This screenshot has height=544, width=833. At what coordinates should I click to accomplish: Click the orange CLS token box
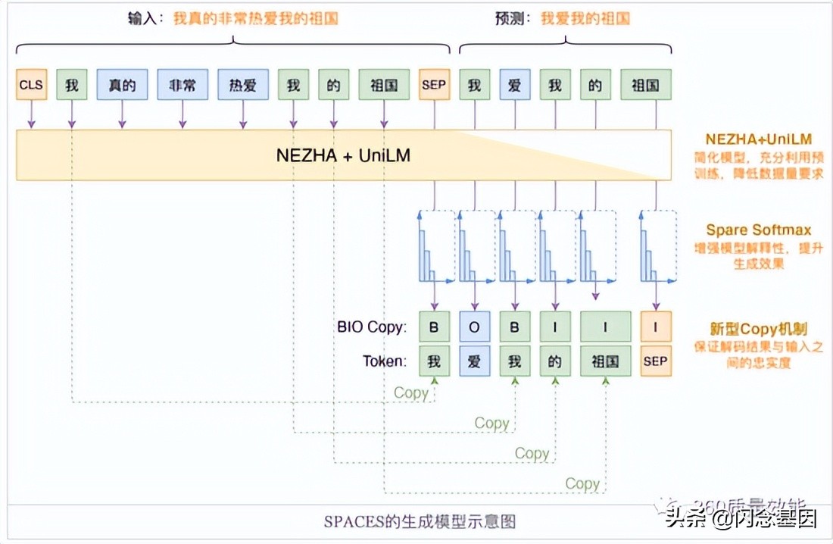point(31,86)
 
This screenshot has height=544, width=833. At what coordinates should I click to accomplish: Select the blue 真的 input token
point(122,86)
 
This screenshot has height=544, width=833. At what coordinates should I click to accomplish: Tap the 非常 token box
point(183,86)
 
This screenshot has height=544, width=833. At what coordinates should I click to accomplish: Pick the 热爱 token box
point(243,86)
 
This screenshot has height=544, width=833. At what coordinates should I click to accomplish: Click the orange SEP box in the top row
point(434,86)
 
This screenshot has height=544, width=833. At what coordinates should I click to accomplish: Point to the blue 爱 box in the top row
point(515,86)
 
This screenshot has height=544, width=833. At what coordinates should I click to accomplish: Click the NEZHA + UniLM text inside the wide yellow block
point(343,155)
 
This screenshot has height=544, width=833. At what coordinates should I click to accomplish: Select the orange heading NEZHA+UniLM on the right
point(759,139)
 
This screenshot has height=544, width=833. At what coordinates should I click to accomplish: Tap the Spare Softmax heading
point(759,230)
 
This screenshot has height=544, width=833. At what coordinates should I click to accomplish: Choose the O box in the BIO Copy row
point(475,327)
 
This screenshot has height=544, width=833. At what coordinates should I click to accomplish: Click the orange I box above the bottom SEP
point(655,327)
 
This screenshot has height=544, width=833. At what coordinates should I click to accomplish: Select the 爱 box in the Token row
point(475,361)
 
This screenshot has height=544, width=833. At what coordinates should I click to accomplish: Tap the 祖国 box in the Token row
point(605,361)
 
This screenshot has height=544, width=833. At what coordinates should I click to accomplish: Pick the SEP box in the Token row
point(655,361)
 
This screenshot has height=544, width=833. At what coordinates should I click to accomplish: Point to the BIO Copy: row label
point(372,327)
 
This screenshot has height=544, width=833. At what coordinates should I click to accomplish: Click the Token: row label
point(384,361)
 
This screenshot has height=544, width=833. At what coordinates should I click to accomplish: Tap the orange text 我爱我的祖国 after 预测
point(585,18)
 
